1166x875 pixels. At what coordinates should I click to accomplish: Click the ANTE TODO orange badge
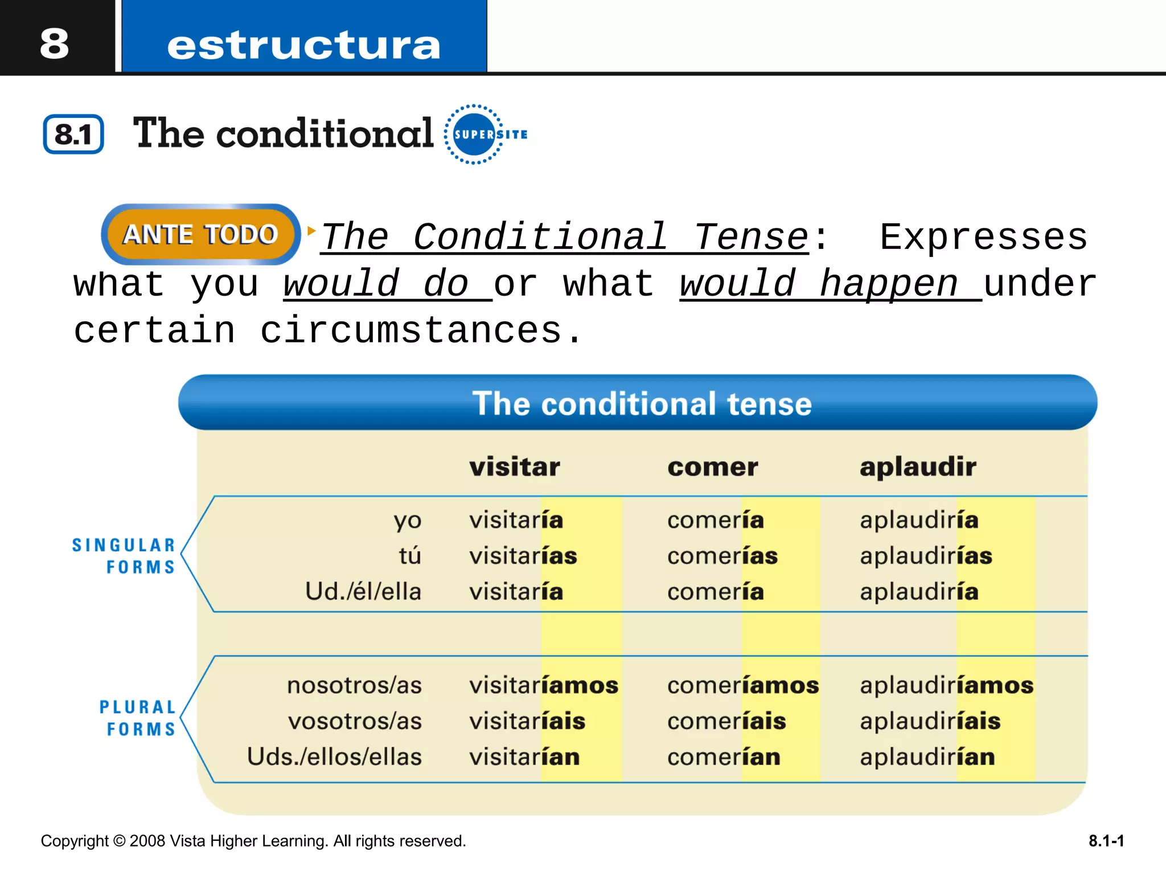tap(200, 234)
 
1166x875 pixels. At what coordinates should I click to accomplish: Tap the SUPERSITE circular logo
tap(474, 134)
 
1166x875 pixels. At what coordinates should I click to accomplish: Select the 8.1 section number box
tap(73, 134)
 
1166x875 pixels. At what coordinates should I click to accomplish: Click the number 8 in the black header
tap(55, 43)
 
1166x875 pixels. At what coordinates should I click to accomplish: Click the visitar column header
tap(514, 467)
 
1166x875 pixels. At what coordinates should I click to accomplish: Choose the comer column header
tap(712, 467)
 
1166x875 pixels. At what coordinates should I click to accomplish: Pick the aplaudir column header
tap(918, 467)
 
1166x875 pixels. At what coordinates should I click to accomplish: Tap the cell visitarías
tap(523, 556)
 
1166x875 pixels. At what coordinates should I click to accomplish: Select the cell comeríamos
tap(743, 685)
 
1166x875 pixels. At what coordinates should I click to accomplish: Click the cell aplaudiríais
tap(930, 721)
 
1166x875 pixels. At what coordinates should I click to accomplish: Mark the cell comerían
tap(724, 757)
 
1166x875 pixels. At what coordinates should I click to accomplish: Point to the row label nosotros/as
tap(354, 685)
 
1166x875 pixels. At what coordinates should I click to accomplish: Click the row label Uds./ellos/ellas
tap(334, 757)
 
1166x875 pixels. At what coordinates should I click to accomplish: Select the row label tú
tap(410, 556)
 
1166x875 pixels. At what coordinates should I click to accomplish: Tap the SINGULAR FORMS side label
tap(124, 556)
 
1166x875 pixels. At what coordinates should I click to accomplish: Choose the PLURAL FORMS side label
tap(137, 718)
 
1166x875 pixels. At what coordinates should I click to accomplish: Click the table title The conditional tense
tap(642, 404)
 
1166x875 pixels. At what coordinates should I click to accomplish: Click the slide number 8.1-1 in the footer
tap(1106, 841)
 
